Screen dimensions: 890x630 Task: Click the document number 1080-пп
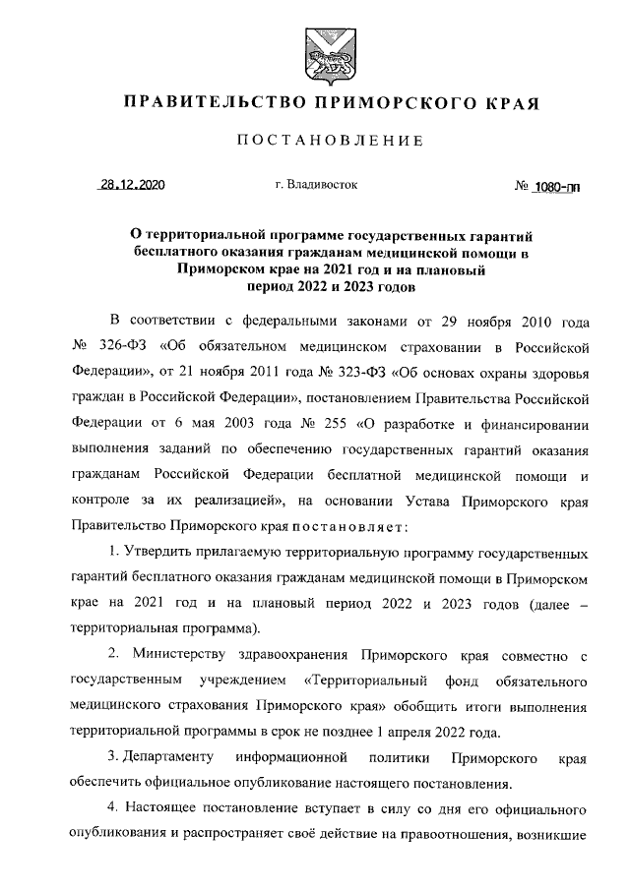pyautogui.click(x=555, y=186)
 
